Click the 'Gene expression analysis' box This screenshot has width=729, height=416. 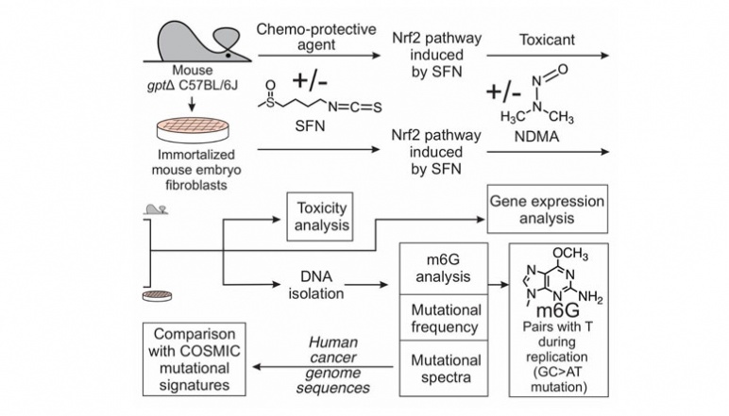[541, 209]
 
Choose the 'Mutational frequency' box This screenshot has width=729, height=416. [440, 317]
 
